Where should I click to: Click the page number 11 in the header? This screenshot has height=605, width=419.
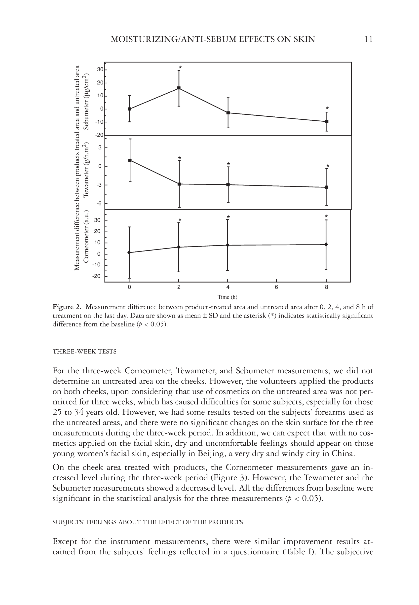368,39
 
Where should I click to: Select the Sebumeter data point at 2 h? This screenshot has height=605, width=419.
179,88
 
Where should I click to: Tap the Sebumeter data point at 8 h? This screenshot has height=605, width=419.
327,121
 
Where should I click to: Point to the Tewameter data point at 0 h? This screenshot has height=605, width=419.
130,160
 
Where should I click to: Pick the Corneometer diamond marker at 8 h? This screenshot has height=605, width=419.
326,245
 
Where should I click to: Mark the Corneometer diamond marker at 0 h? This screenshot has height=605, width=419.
129,252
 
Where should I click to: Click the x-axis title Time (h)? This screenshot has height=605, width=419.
227,297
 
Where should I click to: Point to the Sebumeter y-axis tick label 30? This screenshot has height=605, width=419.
100,70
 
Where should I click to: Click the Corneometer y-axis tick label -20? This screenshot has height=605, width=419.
96,276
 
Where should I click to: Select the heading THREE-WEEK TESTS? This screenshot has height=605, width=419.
84,352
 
